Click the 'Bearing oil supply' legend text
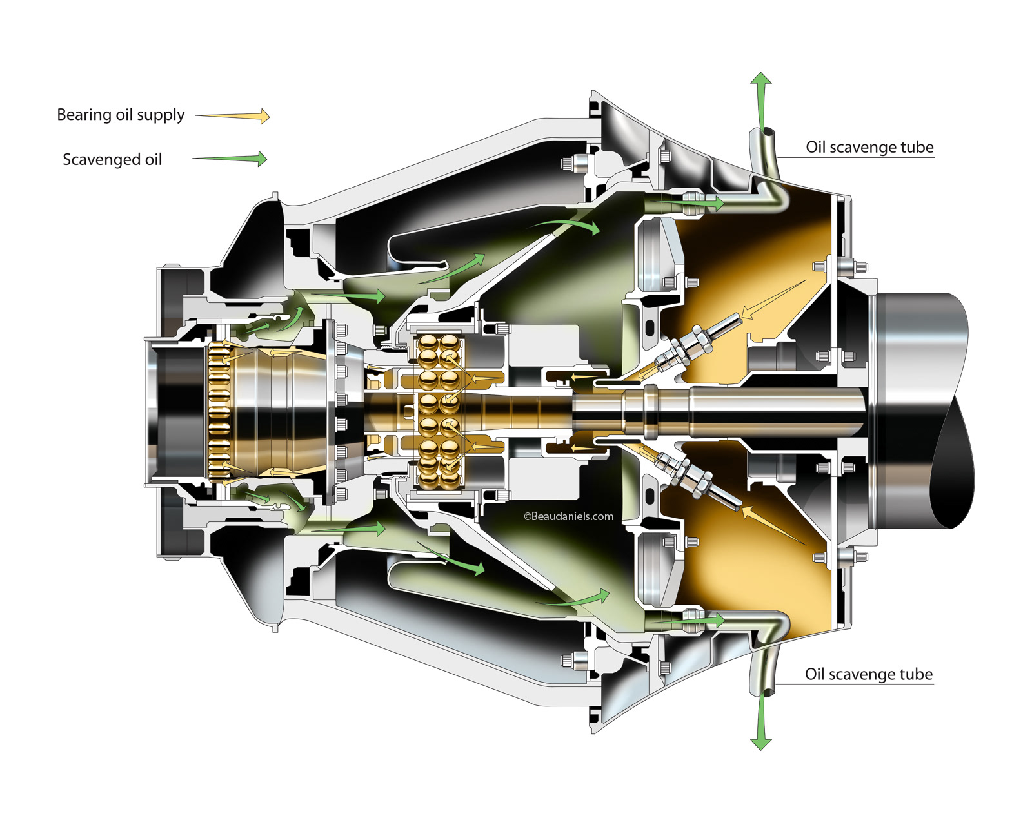(121, 115)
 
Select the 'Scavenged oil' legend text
(112, 160)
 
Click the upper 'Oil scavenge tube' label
(869, 147)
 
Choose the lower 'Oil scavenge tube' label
(868, 674)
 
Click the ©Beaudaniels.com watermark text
(568, 516)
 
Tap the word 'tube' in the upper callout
(917, 147)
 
